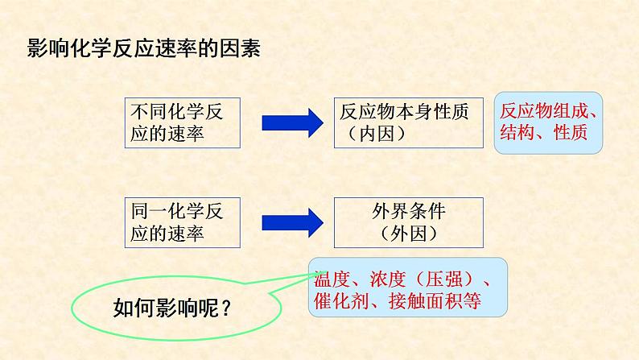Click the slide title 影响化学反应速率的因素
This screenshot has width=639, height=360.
pos(144,48)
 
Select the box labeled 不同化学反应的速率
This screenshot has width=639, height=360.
pos(181,122)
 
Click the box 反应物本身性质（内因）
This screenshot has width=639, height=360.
pos(407,122)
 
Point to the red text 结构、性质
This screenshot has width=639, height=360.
pos(543,132)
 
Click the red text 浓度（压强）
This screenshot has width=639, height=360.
pos(422,279)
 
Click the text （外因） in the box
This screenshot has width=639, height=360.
pos(408,234)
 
